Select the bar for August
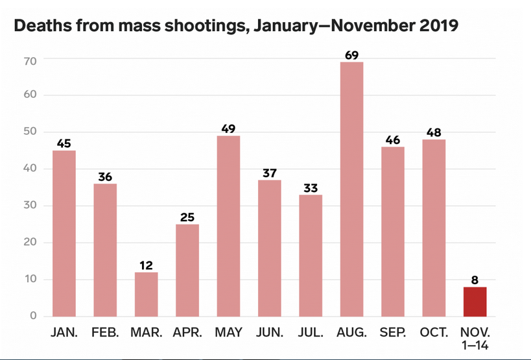351,189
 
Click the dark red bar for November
475,302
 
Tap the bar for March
147,294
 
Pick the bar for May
228,226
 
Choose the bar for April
187,270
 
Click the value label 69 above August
352,55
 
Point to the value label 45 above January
64,143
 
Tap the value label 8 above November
475,280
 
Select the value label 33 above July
311,188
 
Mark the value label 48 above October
434,132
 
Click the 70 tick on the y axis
30,61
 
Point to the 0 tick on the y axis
33,316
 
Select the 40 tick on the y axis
30,168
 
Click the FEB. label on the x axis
105,333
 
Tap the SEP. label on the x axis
393,333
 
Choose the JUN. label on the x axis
270,333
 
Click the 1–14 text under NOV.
475,345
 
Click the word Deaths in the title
42,25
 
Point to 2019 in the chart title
439,25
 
